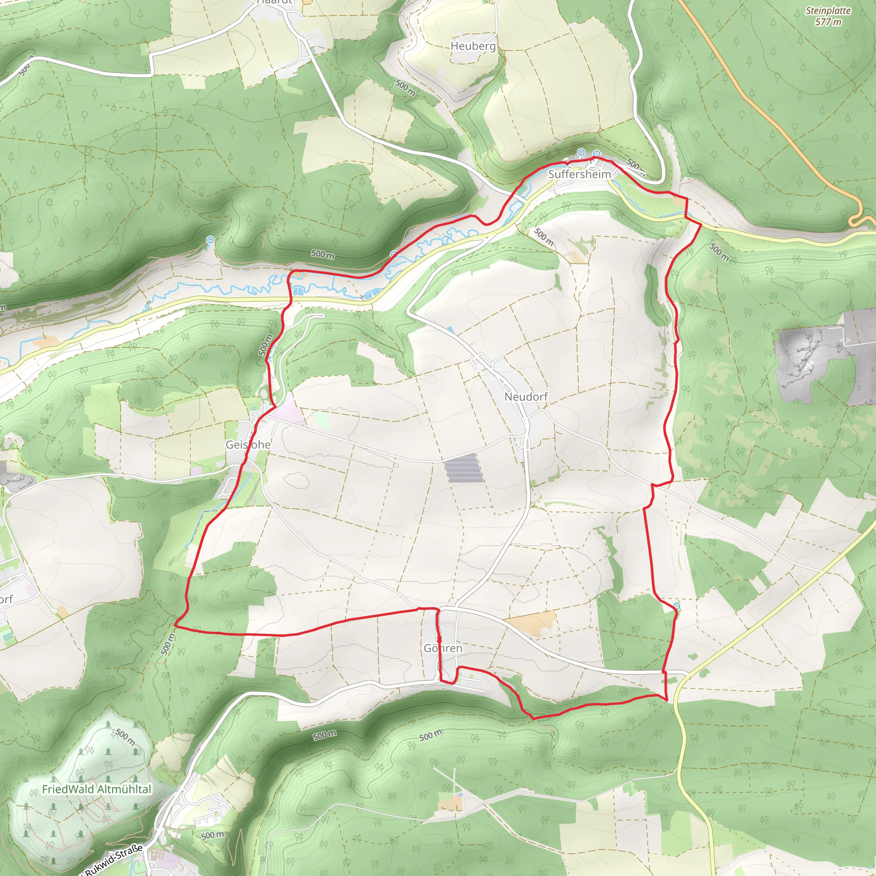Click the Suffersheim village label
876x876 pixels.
click(579, 174)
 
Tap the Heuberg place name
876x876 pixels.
click(473, 46)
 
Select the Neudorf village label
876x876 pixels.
click(526, 397)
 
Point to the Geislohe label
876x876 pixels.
click(248, 445)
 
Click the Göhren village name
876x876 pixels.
click(443, 648)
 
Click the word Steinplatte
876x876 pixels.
click(828, 11)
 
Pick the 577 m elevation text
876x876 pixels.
click(828, 22)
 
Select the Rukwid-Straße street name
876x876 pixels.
click(113, 860)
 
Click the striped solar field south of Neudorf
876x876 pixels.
click(464, 468)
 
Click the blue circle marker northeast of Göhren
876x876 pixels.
click(677, 606)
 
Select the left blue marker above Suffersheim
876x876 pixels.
click(581, 152)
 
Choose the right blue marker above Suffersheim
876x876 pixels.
click(597, 154)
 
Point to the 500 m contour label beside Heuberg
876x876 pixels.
click(405, 88)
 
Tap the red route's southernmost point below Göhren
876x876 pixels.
click(533, 719)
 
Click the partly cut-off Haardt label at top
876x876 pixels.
click(274, 2)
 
